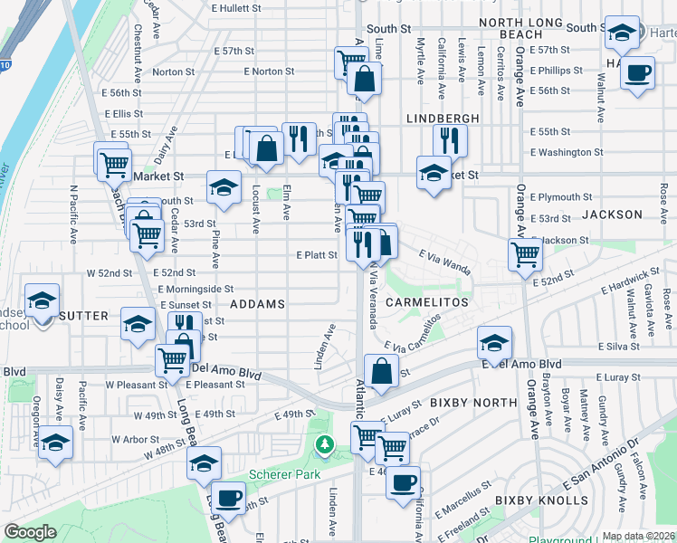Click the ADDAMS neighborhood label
(258, 305)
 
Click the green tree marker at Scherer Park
(324, 444)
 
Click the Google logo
(30, 532)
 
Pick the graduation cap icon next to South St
(621, 33)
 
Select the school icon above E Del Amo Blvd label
(494, 343)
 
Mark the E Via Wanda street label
(445, 263)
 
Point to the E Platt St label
(317, 255)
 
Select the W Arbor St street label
(136, 439)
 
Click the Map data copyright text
(638, 536)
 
